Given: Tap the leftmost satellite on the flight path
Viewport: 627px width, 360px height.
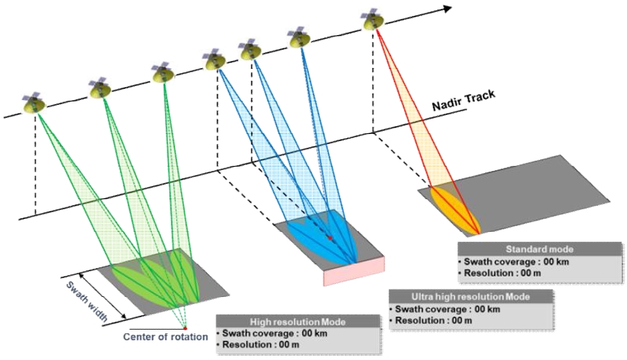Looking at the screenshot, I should click(33, 104).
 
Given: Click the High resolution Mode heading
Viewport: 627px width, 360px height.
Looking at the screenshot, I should click(297, 322).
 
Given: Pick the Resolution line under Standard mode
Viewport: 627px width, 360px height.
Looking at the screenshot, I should click(500, 273).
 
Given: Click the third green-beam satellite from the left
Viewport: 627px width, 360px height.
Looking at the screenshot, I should click(163, 72).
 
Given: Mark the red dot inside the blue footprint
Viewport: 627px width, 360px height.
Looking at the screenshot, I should click(329, 238).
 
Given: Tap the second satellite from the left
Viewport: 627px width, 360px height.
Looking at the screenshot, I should click(101, 88).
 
